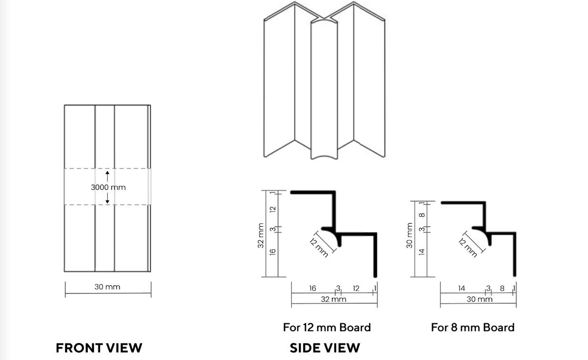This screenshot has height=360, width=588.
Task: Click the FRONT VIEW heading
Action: (x=99, y=348)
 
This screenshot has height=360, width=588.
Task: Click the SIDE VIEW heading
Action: (x=325, y=348)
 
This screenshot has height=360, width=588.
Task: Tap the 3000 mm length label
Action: (x=108, y=187)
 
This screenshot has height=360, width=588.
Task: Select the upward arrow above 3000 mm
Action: (x=107, y=176)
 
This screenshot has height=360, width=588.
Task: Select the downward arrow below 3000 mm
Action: (x=107, y=198)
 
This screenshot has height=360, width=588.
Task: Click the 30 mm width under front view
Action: (x=107, y=287)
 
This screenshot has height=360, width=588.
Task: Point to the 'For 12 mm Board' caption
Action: (x=327, y=327)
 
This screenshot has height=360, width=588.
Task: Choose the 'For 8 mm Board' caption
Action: (x=473, y=327)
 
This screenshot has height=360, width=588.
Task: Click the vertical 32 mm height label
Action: (x=261, y=236)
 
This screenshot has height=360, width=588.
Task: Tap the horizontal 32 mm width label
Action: (x=333, y=299)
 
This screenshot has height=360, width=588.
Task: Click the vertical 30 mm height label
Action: (x=409, y=235)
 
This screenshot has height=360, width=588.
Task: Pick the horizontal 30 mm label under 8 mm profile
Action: (x=479, y=299)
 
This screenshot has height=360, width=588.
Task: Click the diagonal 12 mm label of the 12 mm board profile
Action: (x=319, y=248)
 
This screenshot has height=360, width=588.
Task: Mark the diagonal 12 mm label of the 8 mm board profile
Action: (x=468, y=248)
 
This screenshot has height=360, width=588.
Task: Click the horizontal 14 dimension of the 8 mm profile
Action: (x=461, y=288)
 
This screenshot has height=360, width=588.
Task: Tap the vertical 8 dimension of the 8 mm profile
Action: (x=422, y=215)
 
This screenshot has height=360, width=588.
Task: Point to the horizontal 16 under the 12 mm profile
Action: (x=312, y=288)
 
